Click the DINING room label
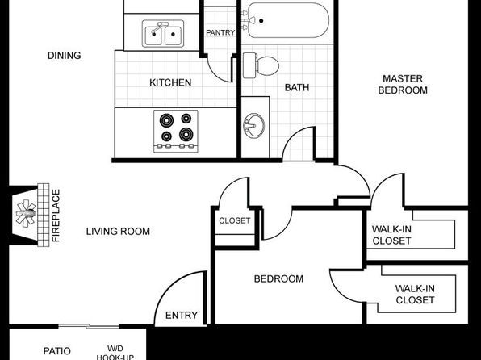point(64,56)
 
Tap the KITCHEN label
point(170,82)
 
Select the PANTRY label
point(220,32)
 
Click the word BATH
point(297,87)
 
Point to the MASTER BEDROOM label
point(403,85)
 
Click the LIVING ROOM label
point(118,231)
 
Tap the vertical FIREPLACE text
point(56,216)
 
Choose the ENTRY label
point(182,315)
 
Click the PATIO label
point(57,351)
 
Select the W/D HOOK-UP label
point(115,353)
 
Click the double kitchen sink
point(163,33)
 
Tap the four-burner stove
point(176,131)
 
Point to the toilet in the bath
point(261,65)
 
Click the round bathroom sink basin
point(253,126)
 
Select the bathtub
point(286,20)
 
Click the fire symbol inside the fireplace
point(26,213)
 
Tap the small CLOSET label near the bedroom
point(234,220)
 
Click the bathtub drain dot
point(261,21)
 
